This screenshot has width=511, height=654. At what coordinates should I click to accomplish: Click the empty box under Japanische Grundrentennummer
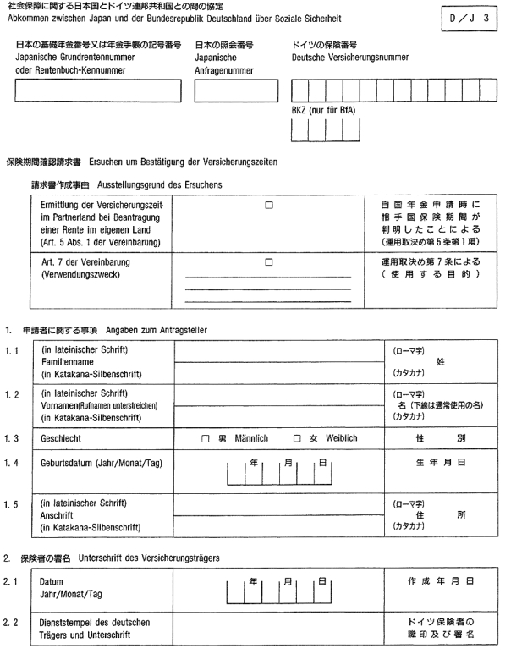click(98, 91)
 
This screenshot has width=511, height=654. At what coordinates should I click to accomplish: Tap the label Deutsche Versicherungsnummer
click(338, 58)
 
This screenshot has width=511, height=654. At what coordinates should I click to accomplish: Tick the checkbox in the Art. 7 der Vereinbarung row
click(269, 262)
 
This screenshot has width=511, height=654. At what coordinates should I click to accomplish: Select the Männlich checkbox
click(205, 438)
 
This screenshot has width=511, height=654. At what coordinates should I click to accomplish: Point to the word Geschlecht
click(62, 438)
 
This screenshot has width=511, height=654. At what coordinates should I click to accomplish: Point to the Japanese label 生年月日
click(440, 464)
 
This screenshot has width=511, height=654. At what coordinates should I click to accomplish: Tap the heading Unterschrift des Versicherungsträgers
click(149, 558)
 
